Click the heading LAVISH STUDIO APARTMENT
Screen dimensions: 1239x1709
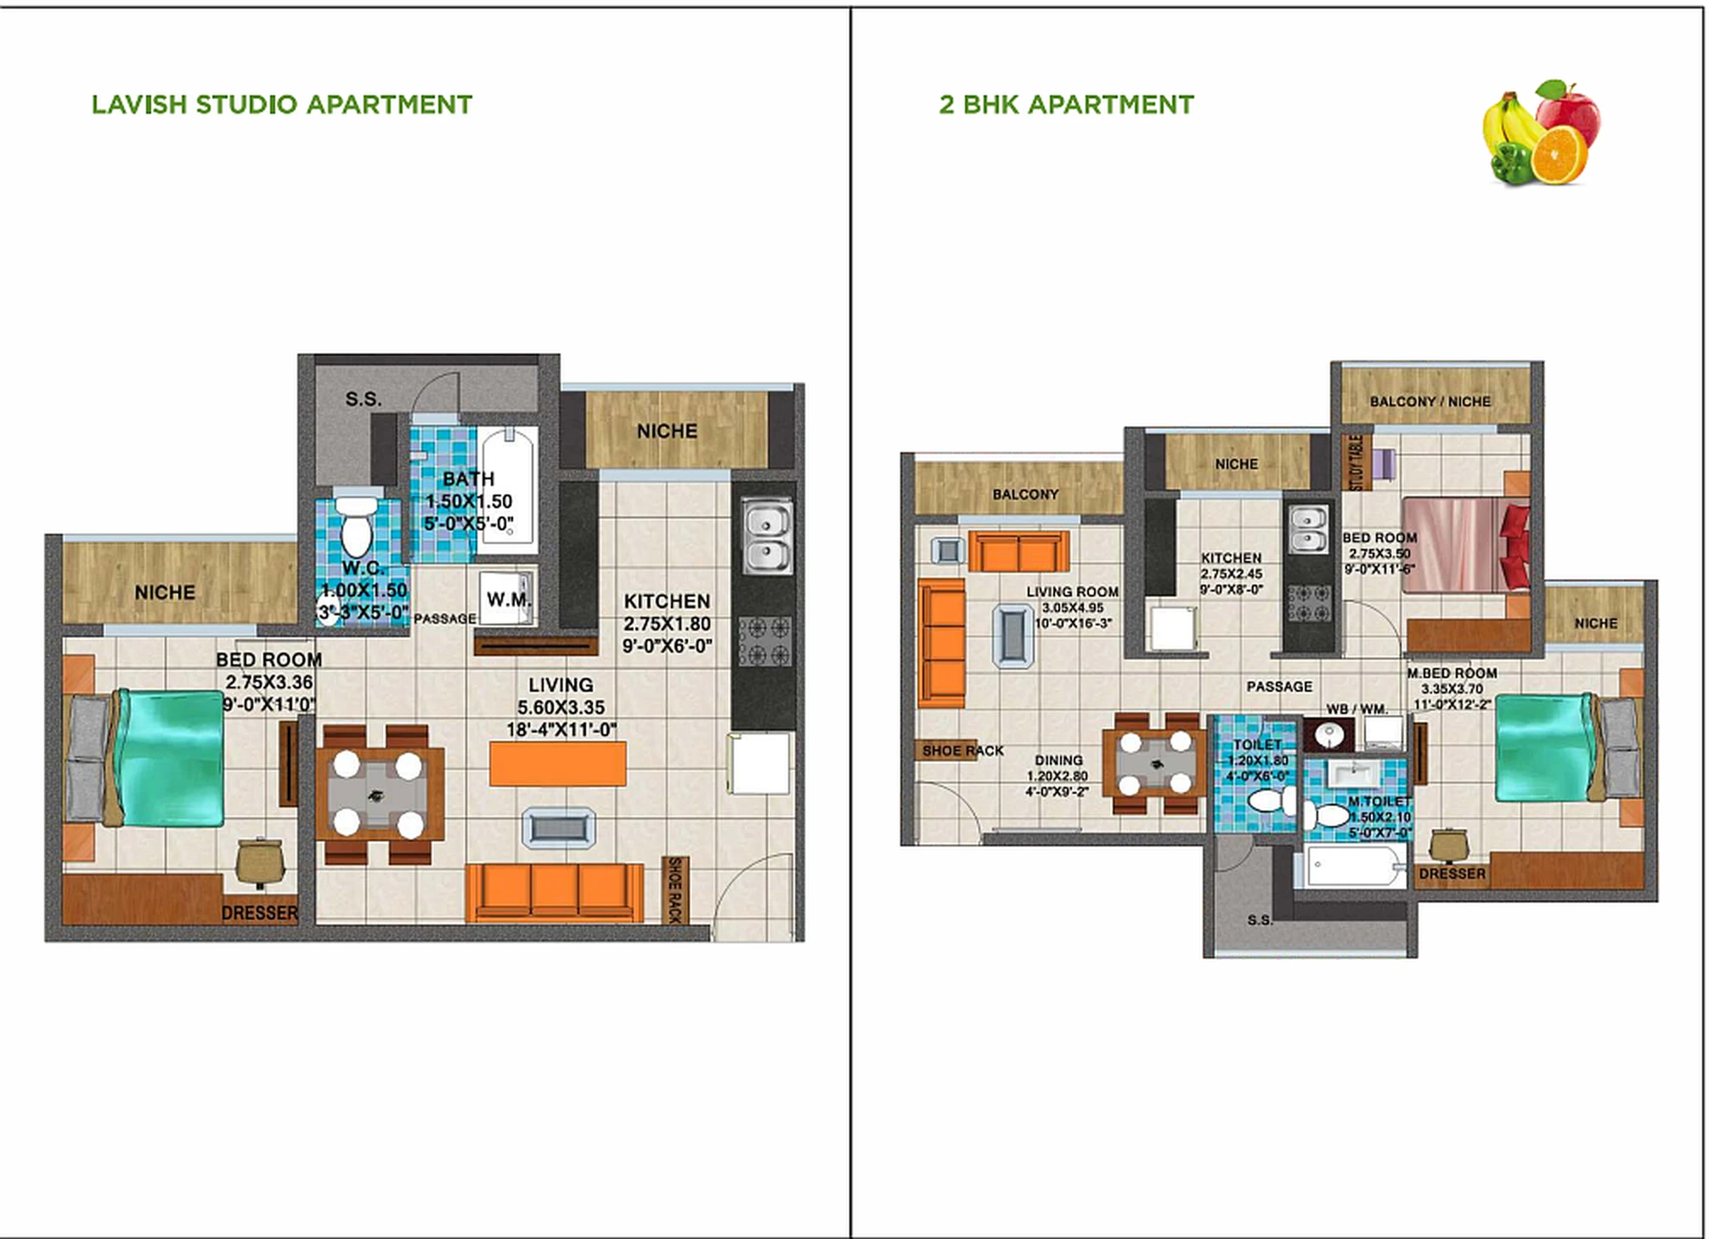281,105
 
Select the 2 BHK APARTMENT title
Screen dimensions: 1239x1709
1066,105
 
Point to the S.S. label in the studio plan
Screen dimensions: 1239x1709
363,399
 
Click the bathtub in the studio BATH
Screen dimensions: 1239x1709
508,484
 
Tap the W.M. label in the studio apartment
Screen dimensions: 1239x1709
508,599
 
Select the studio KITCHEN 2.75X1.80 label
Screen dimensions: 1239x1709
667,623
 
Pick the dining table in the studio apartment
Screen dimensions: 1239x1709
379,795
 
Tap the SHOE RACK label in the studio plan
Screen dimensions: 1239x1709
674,890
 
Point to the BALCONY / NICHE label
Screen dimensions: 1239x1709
1430,401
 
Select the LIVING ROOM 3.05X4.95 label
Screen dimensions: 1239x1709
1072,607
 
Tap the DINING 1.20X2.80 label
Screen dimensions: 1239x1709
1058,775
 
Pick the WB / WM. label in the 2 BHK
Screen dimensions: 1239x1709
1356,709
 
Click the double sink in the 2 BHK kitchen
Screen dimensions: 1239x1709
1308,529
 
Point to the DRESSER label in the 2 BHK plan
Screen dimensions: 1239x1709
1452,874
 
